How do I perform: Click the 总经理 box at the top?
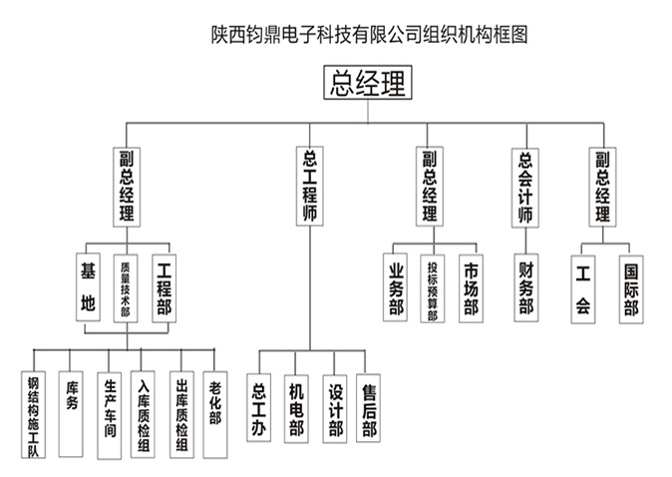click(x=367, y=84)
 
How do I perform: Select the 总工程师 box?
click(x=310, y=186)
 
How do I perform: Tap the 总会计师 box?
click(x=525, y=186)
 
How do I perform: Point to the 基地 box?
click(x=88, y=287)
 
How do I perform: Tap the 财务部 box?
click(x=525, y=287)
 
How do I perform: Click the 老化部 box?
click(x=215, y=404)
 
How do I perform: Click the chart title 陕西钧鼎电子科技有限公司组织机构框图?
click(x=367, y=34)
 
